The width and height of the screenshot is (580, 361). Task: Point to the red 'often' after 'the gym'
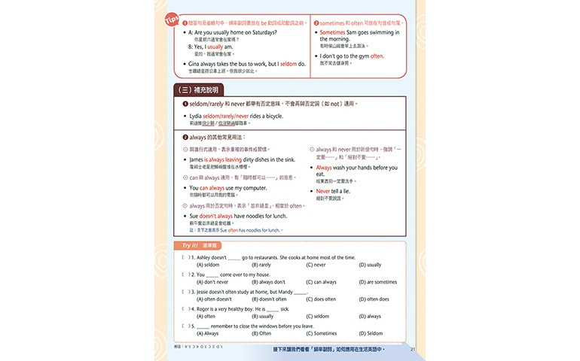[x=377, y=56]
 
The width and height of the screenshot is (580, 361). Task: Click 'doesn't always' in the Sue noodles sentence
[x=218, y=216]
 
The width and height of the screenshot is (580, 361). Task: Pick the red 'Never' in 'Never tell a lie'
[x=324, y=191]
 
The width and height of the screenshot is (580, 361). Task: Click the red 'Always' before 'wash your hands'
[x=325, y=167]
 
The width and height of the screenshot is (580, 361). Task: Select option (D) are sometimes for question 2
[x=377, y=281]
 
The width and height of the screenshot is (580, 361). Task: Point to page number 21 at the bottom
[x=413, y=348]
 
